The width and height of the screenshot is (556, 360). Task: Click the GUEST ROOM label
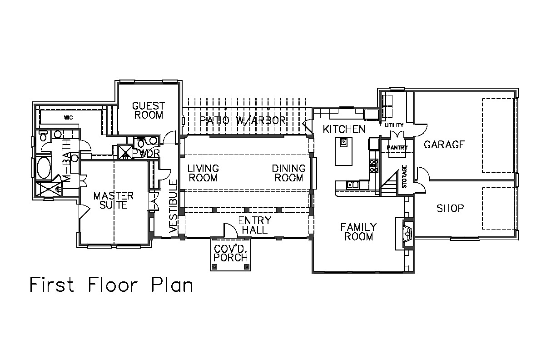149,110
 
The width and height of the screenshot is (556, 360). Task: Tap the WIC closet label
68,118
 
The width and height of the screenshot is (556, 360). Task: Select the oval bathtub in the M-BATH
44,168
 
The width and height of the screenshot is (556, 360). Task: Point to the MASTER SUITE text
114,200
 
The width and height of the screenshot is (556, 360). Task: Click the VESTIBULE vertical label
173,207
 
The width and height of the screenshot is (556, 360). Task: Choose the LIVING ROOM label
203,173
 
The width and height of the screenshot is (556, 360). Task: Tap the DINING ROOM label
288,173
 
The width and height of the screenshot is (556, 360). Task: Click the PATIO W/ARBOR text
243,120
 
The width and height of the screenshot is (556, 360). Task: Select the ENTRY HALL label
255,225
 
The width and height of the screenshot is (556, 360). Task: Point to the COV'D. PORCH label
231,254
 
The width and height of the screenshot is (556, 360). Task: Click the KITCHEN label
344,129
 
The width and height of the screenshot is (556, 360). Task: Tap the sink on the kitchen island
343,142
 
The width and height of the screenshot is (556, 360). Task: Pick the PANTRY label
397,148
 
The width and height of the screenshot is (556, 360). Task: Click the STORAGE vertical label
404,176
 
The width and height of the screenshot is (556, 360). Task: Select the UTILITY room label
394,125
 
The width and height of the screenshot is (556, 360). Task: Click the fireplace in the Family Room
407,234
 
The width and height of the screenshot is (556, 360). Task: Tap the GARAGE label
444,145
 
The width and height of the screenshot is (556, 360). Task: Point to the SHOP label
450,208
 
